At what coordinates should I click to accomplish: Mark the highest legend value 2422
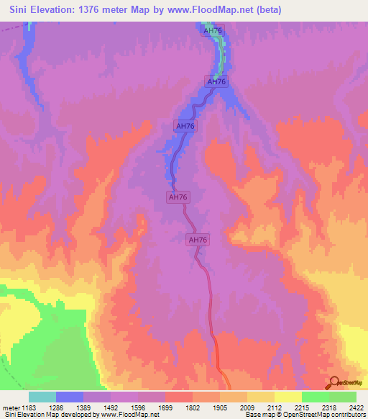(x=355, y=407)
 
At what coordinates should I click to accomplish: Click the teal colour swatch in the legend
(x=42, y=397)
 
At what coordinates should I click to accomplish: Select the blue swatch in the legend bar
(x=70, y=397)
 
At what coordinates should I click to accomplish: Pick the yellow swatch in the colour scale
(x=287, y=397)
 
